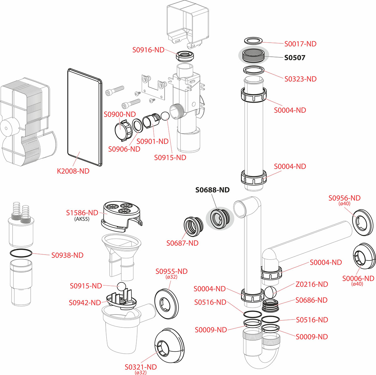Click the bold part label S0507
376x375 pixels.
(x=295, y=58)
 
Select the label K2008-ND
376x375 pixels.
(x=73, y=171)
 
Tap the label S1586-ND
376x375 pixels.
(x=82, y=213)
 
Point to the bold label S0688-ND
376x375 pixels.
(x=212, y=190)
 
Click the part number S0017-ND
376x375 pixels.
(x=300, y=44)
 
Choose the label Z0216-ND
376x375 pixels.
(x=311, y=284)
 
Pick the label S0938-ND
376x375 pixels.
(x=67, y=255)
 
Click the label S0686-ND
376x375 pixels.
(x=311, y=300)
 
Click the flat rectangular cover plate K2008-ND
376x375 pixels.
(x=85, y=118)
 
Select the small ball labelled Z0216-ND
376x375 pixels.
(x=270, y=292)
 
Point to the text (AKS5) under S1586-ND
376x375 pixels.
(x=82, y=219)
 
